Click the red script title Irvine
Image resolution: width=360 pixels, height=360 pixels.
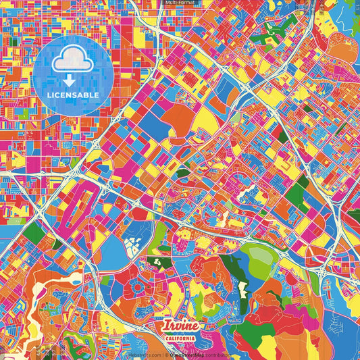tap(179, 326)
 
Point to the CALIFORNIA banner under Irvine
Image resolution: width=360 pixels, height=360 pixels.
tap(180, 338)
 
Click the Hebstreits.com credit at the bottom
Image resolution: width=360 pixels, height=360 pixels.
tap(143, 355)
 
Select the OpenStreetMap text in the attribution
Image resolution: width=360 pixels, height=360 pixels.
tap(190, 355)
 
